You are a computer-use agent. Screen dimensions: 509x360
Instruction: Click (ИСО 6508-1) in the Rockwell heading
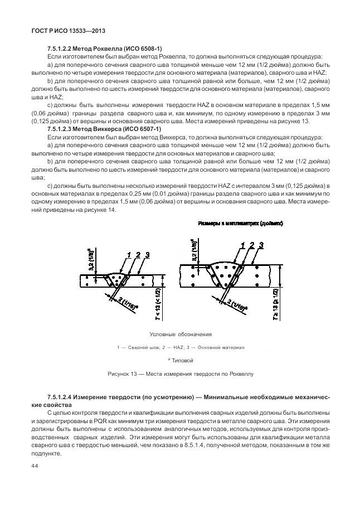tap(142, 49)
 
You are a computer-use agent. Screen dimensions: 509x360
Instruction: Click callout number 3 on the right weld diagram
tap(261, 245)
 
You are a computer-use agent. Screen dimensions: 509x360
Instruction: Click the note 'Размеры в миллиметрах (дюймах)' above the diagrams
tap(241, 223)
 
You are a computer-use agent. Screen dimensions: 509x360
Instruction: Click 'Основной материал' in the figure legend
tap(222, 347)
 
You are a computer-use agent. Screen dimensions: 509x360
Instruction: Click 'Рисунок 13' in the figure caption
tap(122, 374)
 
